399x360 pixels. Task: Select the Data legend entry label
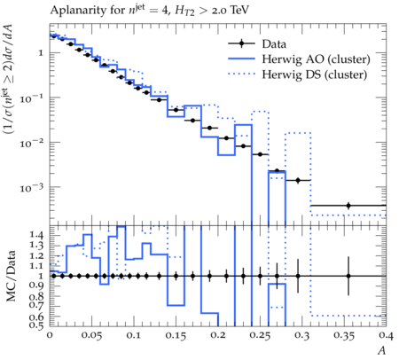tap(274, 44)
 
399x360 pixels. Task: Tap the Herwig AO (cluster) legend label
tap(316, 59)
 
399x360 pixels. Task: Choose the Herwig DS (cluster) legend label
tap(315, 74)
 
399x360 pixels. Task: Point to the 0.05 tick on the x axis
tap(92, 336)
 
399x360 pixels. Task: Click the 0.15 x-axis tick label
tap(176, 336)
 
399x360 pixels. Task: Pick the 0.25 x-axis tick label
tap(261, 336)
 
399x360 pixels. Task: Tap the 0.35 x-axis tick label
tap(344, 336)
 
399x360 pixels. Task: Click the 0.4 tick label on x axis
tap(387, 336)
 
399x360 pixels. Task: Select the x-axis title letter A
tap(382, 350)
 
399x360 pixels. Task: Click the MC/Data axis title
tap(11, 276)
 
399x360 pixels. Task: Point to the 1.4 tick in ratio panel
tap(37, 236)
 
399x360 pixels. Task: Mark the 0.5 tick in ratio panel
tap(37, 326)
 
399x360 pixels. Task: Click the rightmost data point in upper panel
tap(348, 206)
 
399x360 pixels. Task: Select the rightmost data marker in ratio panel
tap(348, 276)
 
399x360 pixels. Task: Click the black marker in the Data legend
tap(241, 43)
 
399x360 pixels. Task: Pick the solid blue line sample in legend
tap(241, 59)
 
